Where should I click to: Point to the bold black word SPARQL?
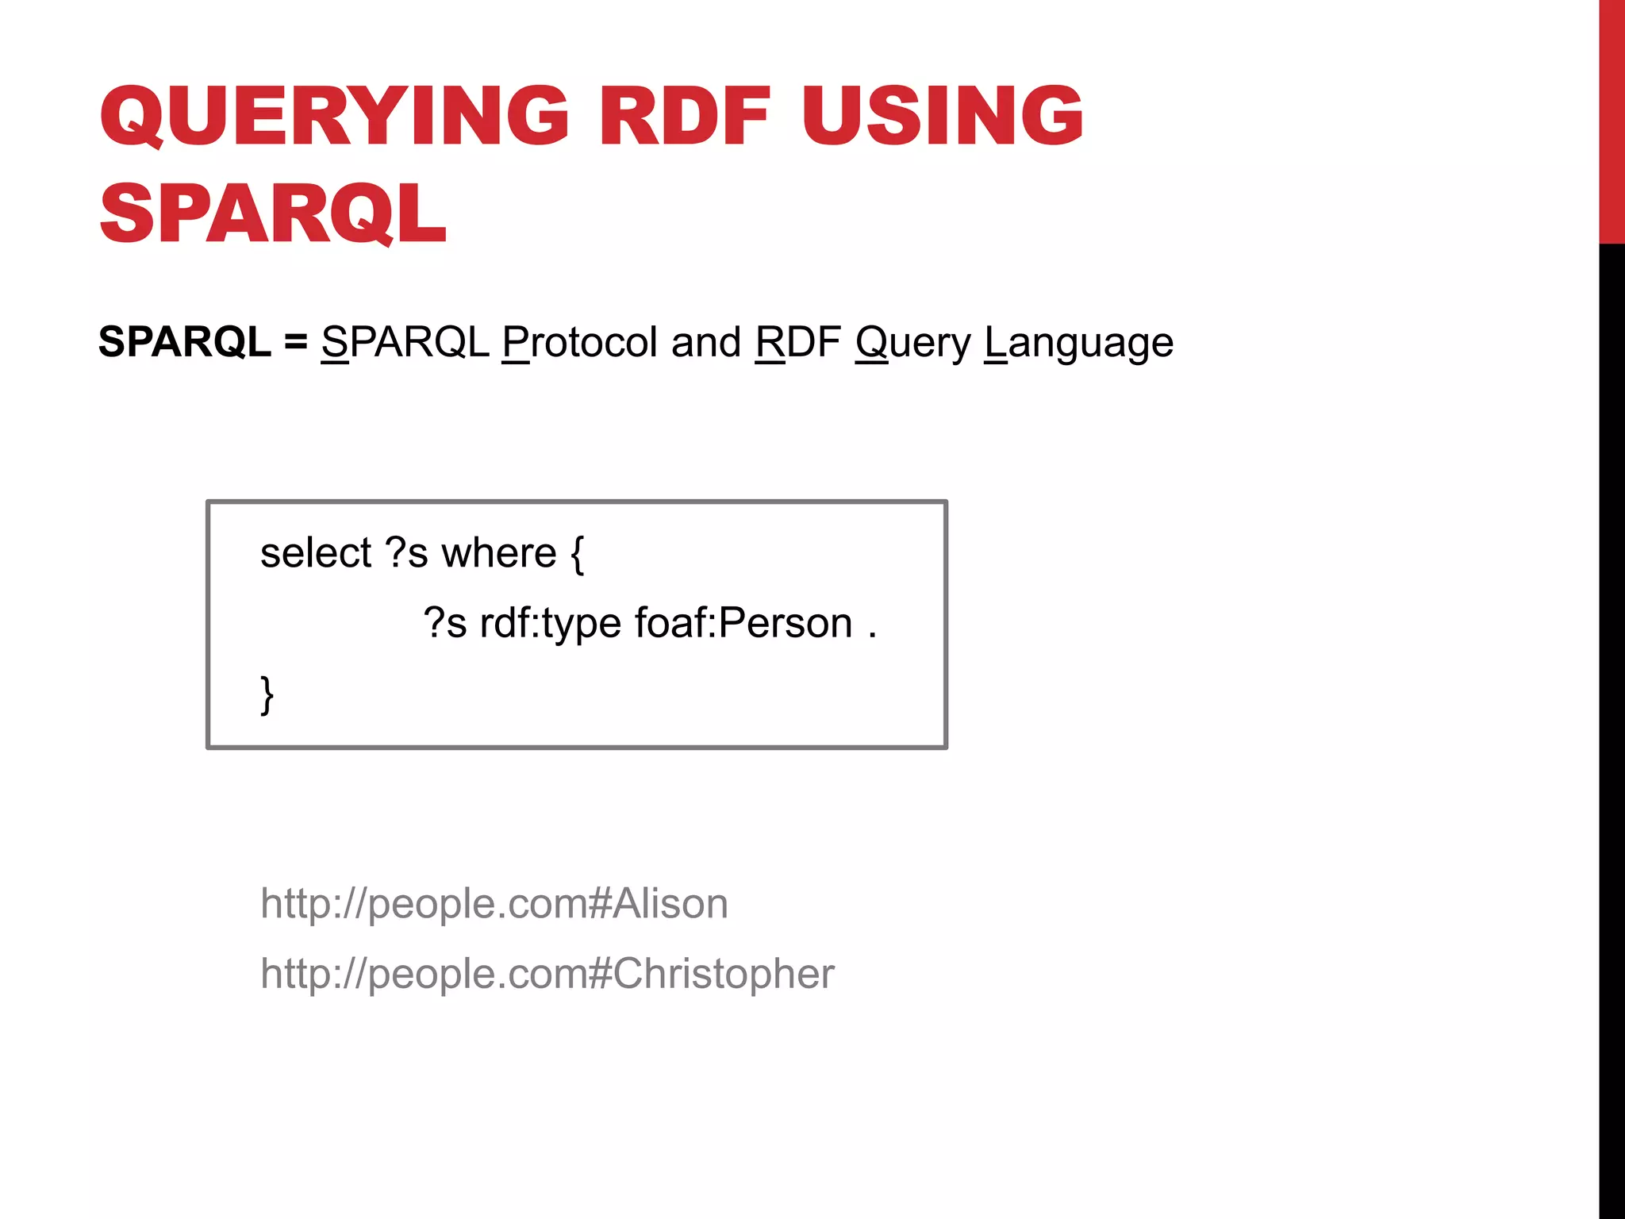tap(184, 342)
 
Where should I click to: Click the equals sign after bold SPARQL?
tap(295, 343)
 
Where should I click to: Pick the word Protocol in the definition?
tap(580, 342)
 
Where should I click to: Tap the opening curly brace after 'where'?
tap(577, 554)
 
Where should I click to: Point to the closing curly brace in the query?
tap(267, 695)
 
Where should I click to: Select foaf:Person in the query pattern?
tap(743, 623)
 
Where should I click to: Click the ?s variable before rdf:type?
tap(444, 623)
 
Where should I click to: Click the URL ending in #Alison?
tap(494, 904)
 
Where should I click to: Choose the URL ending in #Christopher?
tap(547, 974)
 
